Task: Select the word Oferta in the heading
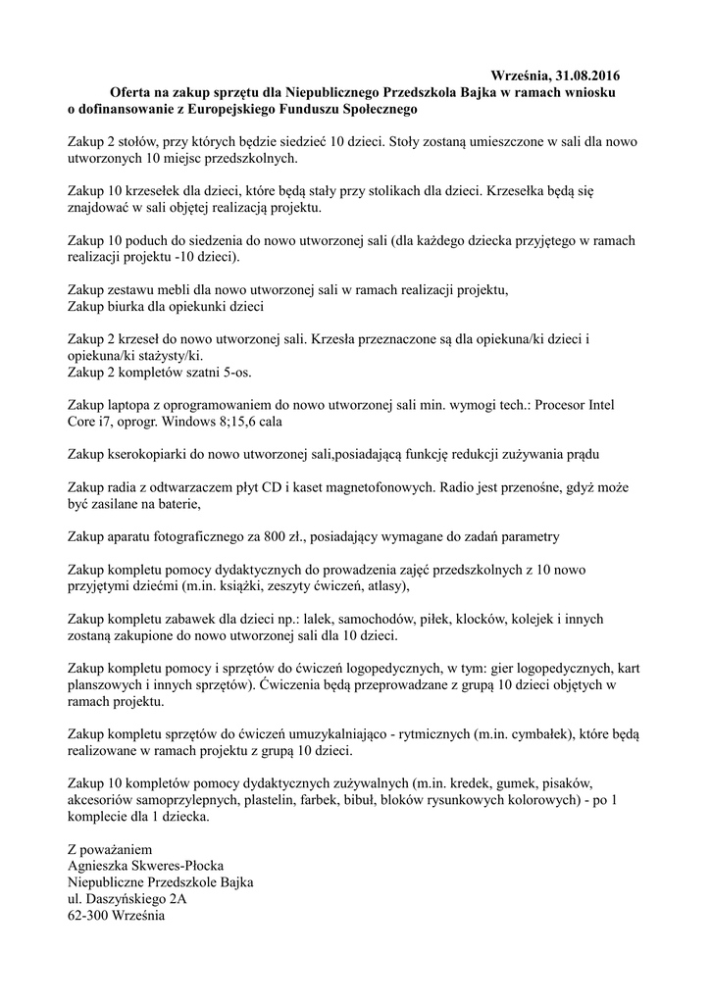click(x=130, y=90)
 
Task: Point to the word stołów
click(x=137, y=140)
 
